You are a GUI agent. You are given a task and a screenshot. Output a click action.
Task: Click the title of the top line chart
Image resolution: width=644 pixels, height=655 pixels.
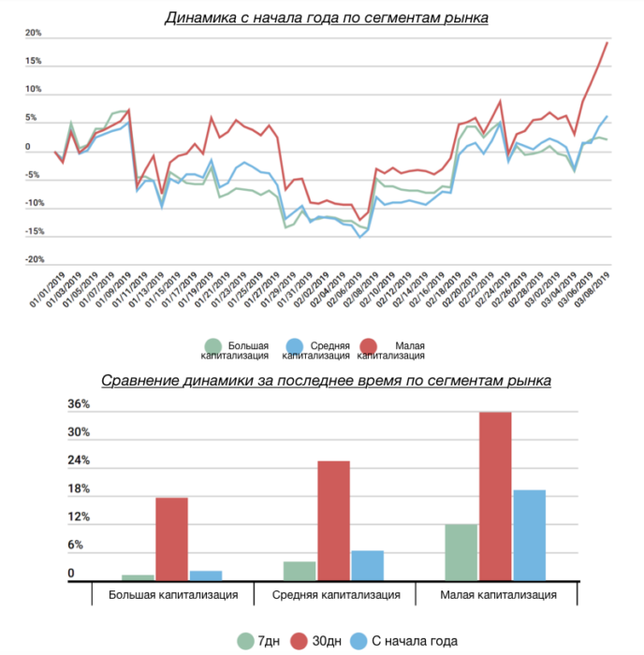click(326, 18)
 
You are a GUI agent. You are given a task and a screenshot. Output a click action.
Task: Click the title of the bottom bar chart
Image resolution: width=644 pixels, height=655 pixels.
click(326, 381)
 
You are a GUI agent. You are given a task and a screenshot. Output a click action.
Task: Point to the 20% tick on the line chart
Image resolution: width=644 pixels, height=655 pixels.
click(33, 34)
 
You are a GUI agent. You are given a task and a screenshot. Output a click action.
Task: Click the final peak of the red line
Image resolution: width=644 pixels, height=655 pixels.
click(607, 42)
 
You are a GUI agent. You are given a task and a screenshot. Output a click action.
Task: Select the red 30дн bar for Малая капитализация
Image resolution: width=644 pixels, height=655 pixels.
click(495, 496)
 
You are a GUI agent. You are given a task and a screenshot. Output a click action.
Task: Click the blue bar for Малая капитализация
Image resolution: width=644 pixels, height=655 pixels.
click(529, 535)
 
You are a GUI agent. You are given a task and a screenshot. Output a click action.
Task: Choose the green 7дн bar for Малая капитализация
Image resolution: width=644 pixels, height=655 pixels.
click(461, 552)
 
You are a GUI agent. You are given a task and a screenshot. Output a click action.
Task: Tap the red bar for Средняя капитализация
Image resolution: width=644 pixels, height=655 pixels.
click(333, 520)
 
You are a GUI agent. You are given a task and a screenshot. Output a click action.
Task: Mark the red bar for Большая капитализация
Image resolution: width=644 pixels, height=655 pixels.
click(171, 539)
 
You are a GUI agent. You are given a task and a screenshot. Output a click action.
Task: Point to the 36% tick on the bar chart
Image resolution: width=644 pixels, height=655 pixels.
click(78, 405)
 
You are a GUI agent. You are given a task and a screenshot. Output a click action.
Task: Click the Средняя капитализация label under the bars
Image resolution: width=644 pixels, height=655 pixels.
click(336, 595)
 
